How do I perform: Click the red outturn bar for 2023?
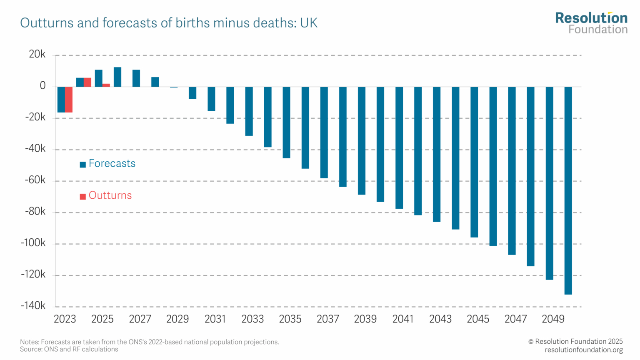coord(69,100)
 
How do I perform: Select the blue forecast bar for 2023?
coord(61,100)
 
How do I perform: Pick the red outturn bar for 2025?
coord(106,85)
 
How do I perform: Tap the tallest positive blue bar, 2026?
coord(117,77)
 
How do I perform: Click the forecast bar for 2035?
coord(286,122)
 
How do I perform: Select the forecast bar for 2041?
coord(399,147)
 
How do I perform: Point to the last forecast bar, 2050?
coord(568,190)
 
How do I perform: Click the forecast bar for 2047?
coord(512,170)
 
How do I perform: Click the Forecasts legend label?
coord(112,163)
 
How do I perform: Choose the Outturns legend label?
coord(110,195)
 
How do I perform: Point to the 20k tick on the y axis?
coord(37,54)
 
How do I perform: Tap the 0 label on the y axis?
coord(42,86)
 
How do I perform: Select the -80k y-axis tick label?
coord(35,212)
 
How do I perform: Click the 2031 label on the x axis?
coord(215,319)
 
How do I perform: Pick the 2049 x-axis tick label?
coord(553,319)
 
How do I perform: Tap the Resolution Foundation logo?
coord(591,23)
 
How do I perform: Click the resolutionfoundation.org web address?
coord(583,350)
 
